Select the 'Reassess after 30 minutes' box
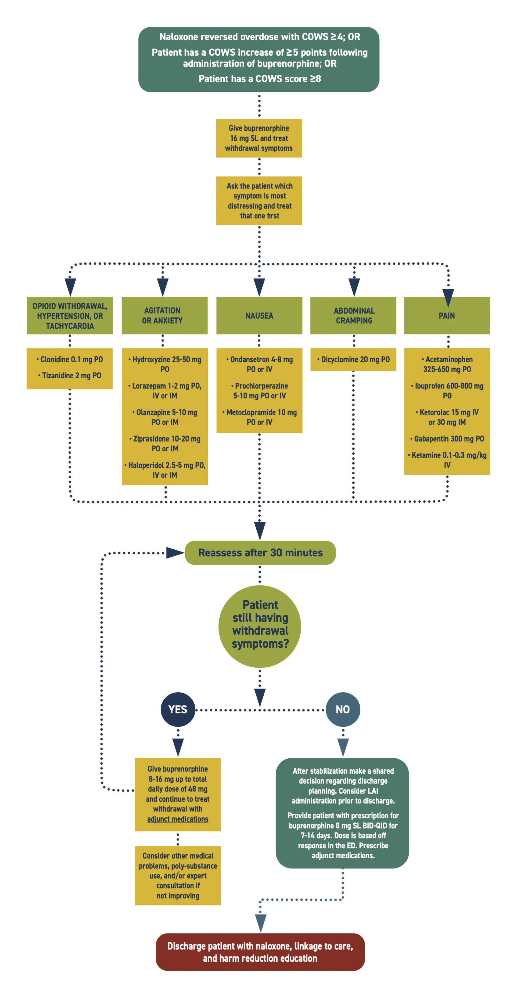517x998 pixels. click(260, 553)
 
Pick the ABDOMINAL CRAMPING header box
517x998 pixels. click(353, 315)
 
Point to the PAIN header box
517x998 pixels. click(447, 315)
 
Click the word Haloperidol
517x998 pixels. click(146, 465)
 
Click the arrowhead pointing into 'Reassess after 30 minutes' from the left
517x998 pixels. click(174, 553)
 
